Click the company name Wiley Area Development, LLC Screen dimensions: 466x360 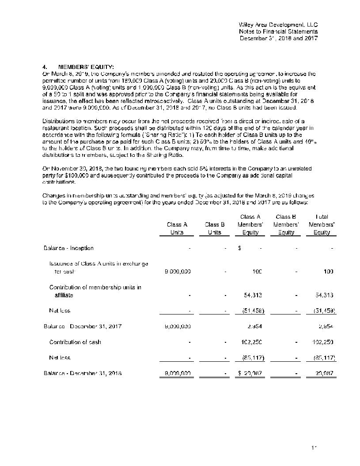click(278, 25)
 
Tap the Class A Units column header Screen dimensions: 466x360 click(177, 228)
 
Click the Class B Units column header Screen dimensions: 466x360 click(215, 228)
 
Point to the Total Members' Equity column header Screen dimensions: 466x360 click(322, 224)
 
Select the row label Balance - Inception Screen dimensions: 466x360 click(68, 248)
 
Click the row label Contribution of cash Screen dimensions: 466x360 click(75, 342)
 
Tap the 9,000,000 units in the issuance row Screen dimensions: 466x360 click(177, 272)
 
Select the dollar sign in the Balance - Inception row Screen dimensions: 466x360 click(239, 248)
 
